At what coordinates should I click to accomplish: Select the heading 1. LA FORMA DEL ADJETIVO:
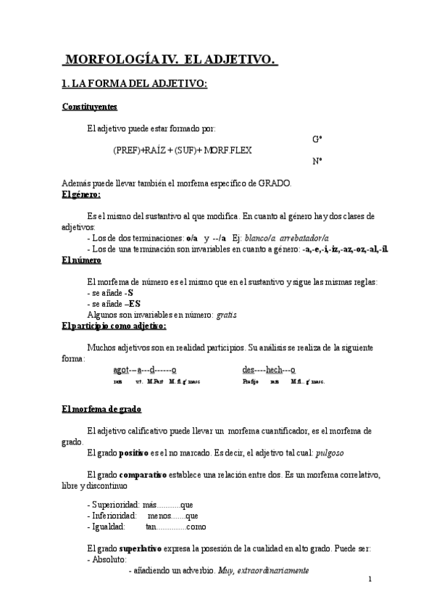(135, 84)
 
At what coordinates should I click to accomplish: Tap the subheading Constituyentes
(89, 107)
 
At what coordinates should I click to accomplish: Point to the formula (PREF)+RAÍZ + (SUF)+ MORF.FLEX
(183, 150)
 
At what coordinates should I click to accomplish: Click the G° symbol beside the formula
(317, 139)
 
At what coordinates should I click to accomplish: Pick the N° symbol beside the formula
(317, 162)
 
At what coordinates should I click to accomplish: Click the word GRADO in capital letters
(275, 183)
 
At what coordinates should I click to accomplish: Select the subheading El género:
(81, 194)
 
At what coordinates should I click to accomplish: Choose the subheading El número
(81, 260)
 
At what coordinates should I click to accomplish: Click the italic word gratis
(226, 315)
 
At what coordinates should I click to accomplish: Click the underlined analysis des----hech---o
(269, 369)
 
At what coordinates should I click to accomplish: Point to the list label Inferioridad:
(108, 516)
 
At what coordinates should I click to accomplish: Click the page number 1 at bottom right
(370, 579)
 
